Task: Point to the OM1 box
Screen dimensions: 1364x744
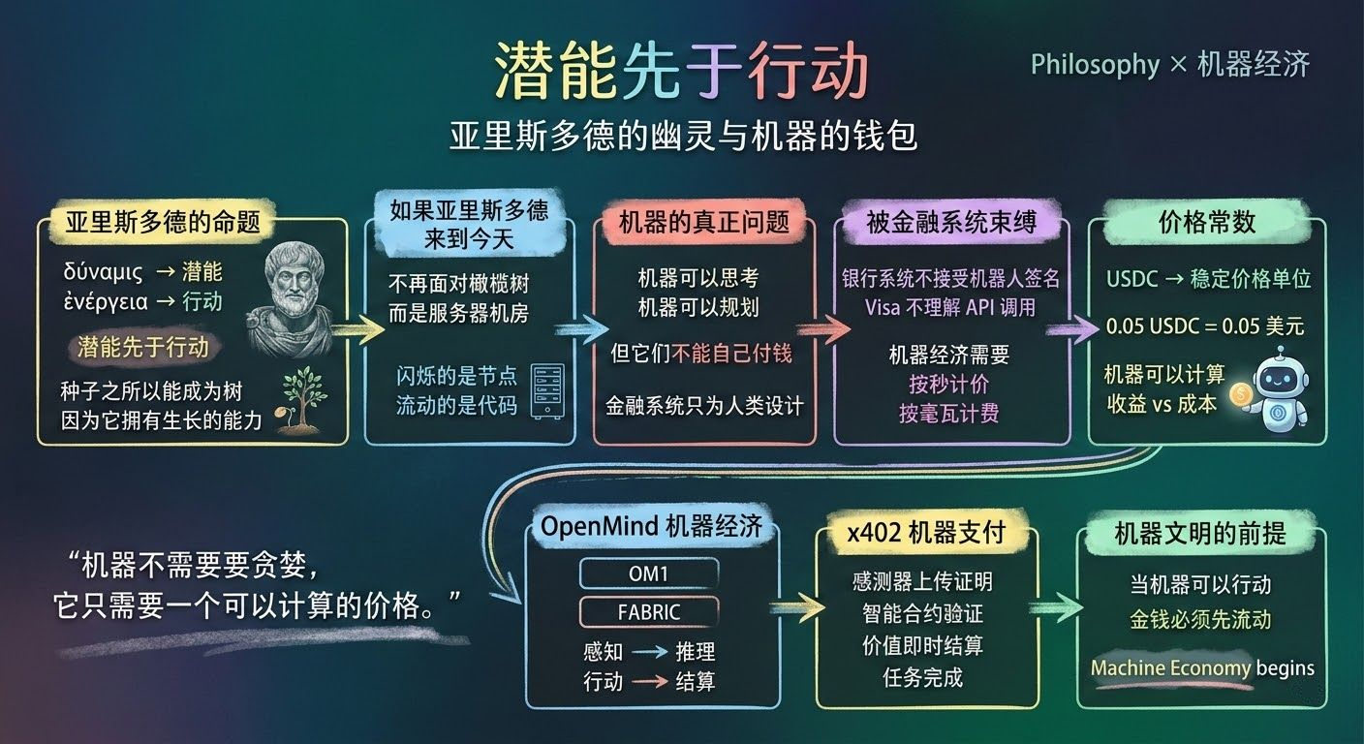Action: (648, 573)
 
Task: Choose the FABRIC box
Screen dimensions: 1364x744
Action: (648, 612)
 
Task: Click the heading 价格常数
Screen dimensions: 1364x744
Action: (1206, 222)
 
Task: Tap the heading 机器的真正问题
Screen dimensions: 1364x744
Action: (704, 222)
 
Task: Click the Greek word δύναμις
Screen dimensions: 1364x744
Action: (103, 272)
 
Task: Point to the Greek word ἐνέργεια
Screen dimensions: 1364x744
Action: (106, 301)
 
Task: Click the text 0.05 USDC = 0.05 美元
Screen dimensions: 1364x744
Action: (1205, 326)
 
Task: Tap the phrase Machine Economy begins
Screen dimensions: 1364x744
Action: (1202, 667)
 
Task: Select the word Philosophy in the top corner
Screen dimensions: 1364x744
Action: (1095, 65)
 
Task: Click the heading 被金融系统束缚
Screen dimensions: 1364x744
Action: (951, 222)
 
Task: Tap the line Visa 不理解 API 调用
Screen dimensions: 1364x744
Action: (950, 307)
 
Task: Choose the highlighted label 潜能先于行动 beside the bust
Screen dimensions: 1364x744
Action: (142, 346)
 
